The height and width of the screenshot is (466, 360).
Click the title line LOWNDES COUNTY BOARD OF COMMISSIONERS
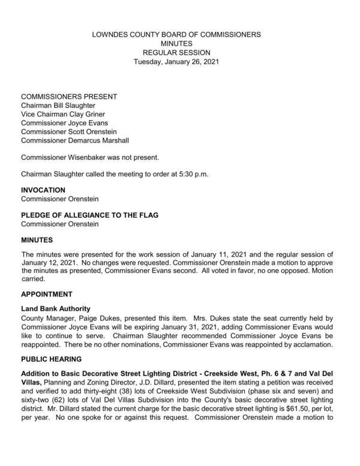[176, 35]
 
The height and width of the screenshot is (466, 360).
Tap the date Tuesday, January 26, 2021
[176, 62]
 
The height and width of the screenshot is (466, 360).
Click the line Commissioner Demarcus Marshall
[74, 140]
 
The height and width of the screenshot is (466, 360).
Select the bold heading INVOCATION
[43, 190]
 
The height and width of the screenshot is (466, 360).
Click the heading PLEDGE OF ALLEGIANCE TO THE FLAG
[89, 215]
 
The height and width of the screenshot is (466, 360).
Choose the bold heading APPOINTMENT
[47, 294]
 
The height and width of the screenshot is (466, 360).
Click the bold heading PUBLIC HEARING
[52, 358]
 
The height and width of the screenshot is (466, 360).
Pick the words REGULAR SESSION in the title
[176, 53]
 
